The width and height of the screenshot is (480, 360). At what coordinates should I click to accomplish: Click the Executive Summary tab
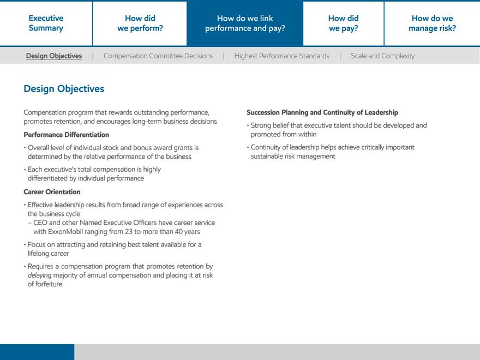46,23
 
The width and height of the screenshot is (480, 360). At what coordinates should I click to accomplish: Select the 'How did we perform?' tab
140,23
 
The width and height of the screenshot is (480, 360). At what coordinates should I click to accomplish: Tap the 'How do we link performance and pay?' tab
245,23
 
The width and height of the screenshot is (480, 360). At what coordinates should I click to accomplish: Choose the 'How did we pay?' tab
343,23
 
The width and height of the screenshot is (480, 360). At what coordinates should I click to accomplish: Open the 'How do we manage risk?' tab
432,23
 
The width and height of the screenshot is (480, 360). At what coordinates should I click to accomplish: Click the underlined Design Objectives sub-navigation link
54,56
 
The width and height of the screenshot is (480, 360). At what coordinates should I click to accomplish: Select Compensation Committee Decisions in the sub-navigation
158,56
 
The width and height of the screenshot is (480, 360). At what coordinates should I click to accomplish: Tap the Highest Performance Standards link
281,56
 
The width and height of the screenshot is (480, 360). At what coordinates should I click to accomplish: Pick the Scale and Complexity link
382,56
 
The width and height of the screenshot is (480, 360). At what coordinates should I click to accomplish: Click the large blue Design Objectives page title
64,89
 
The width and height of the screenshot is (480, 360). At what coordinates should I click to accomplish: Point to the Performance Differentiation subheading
66,135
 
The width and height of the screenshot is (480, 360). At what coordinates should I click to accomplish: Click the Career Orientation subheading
52,192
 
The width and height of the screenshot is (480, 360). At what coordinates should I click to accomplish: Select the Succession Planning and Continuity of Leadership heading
322,112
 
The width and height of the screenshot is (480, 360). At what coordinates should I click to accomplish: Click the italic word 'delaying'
39,275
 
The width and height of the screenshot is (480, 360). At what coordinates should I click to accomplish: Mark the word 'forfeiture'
49,284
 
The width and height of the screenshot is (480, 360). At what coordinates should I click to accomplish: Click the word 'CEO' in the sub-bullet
40,223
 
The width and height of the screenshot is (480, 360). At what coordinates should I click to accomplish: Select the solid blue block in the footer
37,352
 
